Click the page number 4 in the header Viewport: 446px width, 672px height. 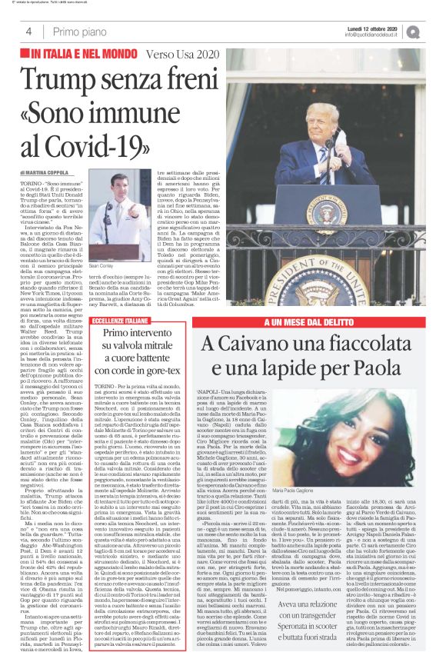[x=28, y=32]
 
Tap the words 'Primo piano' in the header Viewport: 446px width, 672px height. [x=77, y=32]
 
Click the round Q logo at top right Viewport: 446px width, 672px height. [x=433, y=32]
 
